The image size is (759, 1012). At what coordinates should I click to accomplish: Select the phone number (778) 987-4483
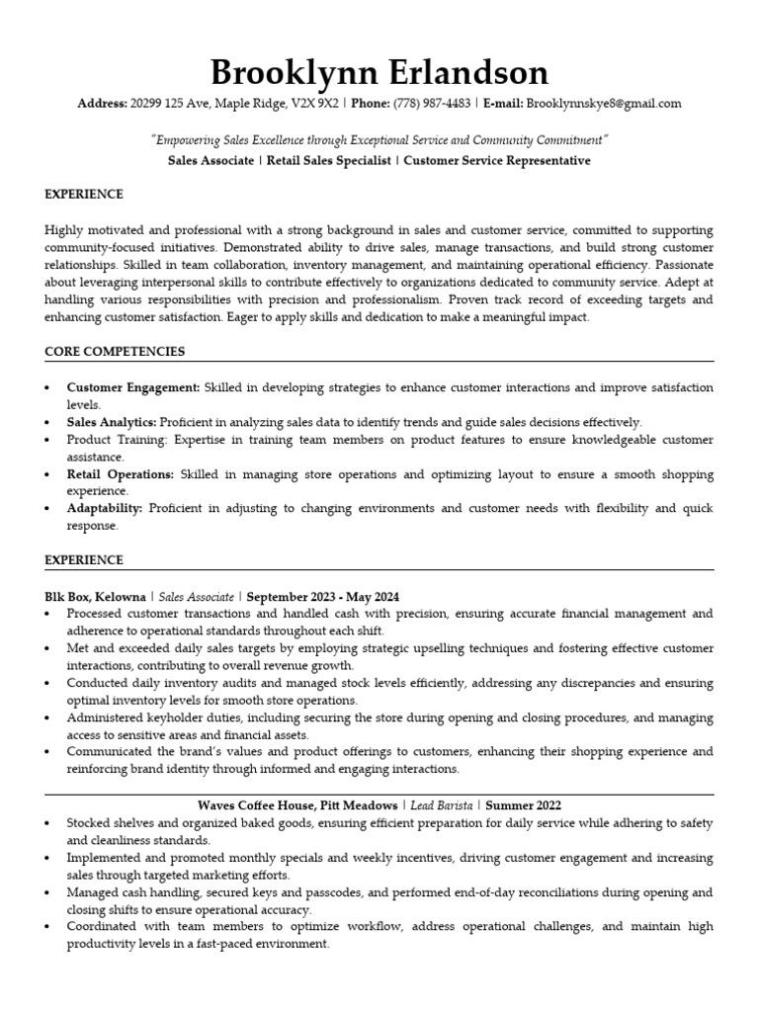pos(432,104)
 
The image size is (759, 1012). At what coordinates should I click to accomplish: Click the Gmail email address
pos(604,104)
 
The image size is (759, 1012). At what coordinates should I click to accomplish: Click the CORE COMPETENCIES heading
pos(115,352)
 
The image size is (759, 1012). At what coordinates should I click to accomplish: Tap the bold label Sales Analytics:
pos(112,422)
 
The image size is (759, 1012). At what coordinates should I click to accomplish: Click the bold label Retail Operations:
pos(120,474)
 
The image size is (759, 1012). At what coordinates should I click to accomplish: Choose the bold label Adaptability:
pos(105,509)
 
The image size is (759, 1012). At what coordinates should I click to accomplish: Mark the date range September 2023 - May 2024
pos(323,597)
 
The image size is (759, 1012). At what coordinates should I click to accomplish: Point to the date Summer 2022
pos(523,805)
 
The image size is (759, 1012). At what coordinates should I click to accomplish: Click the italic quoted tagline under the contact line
pos(379,140)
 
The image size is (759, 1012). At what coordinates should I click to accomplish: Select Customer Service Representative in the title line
pos(497,160)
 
